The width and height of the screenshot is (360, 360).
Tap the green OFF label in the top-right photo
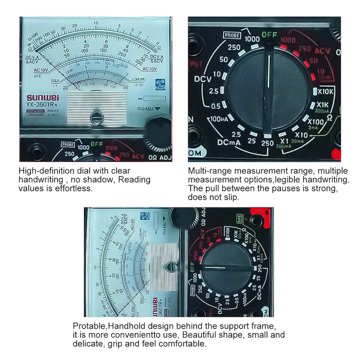[269, 35]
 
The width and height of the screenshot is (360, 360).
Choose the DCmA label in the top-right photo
[229, 143]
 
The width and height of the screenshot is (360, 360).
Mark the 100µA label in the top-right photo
[221, 119]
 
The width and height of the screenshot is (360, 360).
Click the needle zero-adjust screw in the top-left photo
[96, 117]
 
